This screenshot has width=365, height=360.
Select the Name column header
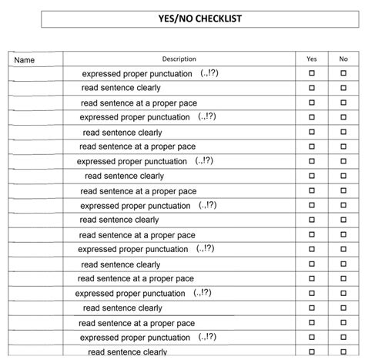pos(25,59)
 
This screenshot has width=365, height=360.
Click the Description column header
pos(179,59)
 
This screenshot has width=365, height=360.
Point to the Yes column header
pos(311,59)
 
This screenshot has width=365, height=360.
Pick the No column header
pos(343,59)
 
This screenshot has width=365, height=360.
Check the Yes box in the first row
pos(312,73)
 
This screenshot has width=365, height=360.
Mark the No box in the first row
pos(343,73)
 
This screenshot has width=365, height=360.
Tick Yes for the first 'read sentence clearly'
pos(312,88)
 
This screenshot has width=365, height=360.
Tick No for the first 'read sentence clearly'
pos(343,88)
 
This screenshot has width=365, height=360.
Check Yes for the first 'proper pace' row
pos(312,103)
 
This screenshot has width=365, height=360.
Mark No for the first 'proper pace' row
pos(343,103)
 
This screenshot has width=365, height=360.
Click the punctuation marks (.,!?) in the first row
pos(209,72)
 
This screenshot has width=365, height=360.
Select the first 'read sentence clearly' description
pos(121,88)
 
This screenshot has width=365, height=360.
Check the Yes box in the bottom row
pos(312,352)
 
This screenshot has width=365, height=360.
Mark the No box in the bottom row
pos(343,352)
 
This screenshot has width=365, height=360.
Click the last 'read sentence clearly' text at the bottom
pos(127,352)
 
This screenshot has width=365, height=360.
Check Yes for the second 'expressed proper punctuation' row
pos(312,117)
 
